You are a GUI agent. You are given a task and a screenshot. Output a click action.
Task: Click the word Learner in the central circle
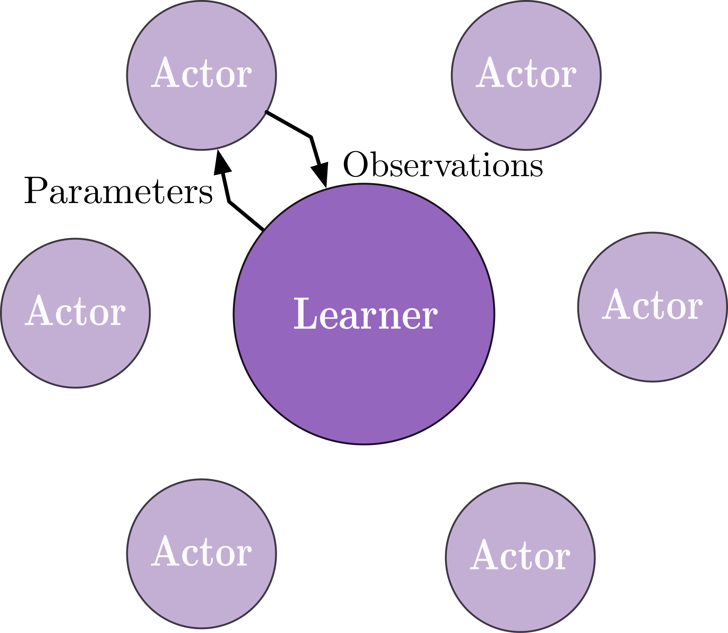click(365, 314)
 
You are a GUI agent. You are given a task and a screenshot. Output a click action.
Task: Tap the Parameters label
click(118, 191)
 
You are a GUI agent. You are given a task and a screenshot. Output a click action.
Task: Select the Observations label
click(443, 165)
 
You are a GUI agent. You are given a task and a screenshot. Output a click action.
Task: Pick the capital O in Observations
click(355, 165)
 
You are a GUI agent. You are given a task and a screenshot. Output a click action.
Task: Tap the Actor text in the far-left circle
click(75, 311)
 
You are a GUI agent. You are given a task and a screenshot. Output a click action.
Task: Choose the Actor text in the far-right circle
click(652, 305)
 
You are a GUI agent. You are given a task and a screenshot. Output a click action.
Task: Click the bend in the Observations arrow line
click(311, 137)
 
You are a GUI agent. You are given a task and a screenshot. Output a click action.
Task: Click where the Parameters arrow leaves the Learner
click(263, 229)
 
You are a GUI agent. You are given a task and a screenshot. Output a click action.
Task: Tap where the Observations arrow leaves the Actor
click(266, 112)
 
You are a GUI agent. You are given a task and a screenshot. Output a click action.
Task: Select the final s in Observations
click(537, 168)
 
